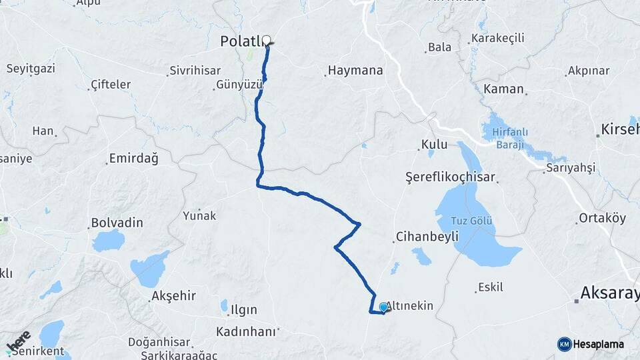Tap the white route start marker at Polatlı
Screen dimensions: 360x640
point(267,40)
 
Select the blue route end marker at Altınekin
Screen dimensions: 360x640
point(384,307)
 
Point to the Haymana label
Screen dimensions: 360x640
point(355,70)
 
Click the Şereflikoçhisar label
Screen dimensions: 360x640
point(450,177)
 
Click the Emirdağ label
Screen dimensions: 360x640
point(132,159)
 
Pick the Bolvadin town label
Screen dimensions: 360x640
point(117,222)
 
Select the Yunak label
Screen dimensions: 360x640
point(200,215)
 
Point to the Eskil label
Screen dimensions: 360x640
point(490,288)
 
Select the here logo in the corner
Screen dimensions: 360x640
point(19,340)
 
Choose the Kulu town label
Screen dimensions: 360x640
point(434,145)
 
